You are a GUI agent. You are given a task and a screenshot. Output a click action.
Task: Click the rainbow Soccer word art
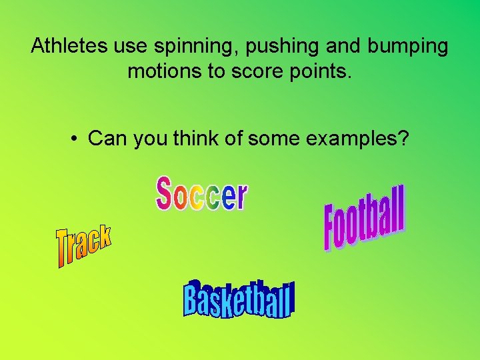pyautogui.click(x=201, y=194)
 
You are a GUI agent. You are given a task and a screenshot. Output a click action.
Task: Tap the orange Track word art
pyautogui.click(x=83, y=245)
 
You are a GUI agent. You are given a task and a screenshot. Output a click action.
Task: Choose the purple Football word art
pyautogui.click(x=365, y=218)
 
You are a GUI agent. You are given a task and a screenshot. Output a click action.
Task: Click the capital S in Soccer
pyautogui.click(x=165, y=193)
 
